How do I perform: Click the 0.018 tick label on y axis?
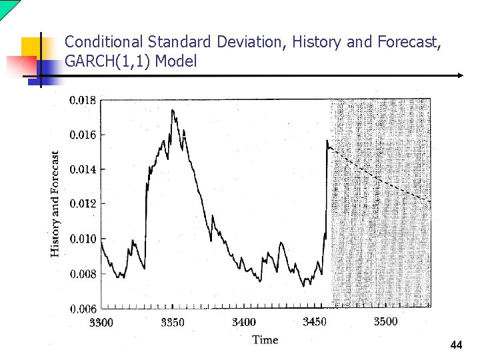pyautogui.click(x=83, y=101)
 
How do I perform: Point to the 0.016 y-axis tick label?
pyautogui.click(x=83, y=135)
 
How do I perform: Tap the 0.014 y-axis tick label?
pyautogui.click(x=83, y=170)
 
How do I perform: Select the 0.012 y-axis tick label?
pyautogui.click(x=83, y=204)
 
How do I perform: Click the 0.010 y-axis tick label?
pyautogui.click(x=83, y=239)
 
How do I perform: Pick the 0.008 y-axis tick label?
pyautogui.click(x=83, y=274)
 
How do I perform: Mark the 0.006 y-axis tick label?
pyautogui.click(x=83, y=309)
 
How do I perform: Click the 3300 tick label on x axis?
pyautogui.click(x=101, y=323)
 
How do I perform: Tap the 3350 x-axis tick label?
pyautogui.click(x=173, y=323)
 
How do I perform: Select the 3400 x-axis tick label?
pyautogui.click(x=243, y=322)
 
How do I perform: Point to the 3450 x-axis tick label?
pyautogui.click(x=315, y=322)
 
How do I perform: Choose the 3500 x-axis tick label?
pyautogui.click(x=385, y=321)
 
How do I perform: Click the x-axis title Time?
pyautogui.click(x=265, y=340)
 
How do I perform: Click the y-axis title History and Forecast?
pyautogui.click(x=56, y=203)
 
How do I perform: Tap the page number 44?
pyautogui.click(x=456, y=345)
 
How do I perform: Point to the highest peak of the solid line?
pyautogui.click(x=173, y=110)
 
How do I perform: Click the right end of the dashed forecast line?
pyautogui.click(x=430, y=201)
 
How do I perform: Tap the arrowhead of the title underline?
pyautogui.click(x=460, y=75)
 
